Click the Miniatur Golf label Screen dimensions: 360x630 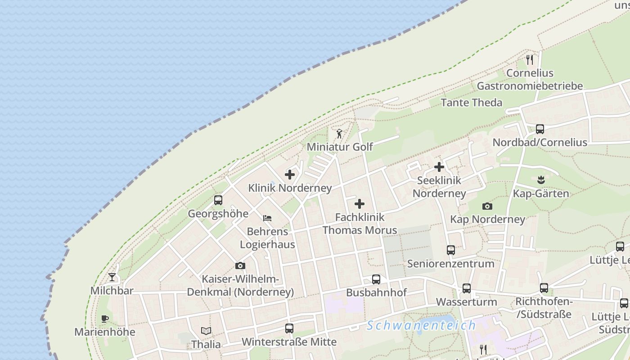point(340,147)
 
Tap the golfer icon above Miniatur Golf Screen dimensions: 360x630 point(339,134)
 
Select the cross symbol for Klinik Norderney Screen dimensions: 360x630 point(290,175)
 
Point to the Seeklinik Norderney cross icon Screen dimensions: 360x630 point(439,167)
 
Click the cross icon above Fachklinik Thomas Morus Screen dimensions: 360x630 point(360,204)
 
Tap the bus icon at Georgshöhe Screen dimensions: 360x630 point(218,200)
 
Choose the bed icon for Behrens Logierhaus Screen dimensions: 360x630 point(267,218)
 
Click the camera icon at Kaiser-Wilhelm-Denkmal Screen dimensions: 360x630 point(240,265)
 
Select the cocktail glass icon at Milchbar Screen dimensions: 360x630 point(112,277)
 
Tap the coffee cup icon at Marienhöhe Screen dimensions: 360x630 point(105,319)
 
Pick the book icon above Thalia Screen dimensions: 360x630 point(206,331)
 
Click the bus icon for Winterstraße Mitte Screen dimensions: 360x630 point(289,328)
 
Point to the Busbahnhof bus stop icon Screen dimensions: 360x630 point(376,279)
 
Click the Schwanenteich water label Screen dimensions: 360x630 point(421,325)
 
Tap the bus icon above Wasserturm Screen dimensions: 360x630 point(467,288)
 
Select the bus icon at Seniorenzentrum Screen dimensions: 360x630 point(451,250)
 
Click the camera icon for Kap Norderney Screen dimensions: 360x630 point(487,206)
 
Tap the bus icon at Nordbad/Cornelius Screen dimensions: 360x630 point(540,129)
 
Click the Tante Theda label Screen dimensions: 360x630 point(471,103)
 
